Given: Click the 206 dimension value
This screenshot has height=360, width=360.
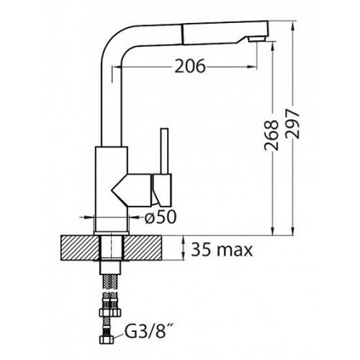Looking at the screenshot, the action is [x=190, y=66].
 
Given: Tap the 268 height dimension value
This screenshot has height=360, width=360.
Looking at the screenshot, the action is [x=271, y=135].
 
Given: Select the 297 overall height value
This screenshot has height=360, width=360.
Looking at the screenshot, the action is [x=292, y=124].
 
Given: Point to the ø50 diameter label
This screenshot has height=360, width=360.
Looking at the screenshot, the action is [x=161, y=217].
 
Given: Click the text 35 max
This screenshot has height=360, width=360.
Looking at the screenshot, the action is [x=222, y=250].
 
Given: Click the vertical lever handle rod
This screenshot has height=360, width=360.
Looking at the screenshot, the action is [x=165, y=150].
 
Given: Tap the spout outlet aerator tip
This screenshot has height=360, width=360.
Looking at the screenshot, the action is [x=257, y=39].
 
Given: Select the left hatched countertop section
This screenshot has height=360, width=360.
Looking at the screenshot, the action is [x=80, y=248].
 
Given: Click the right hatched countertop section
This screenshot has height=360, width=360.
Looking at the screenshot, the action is [x=143, y=248].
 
